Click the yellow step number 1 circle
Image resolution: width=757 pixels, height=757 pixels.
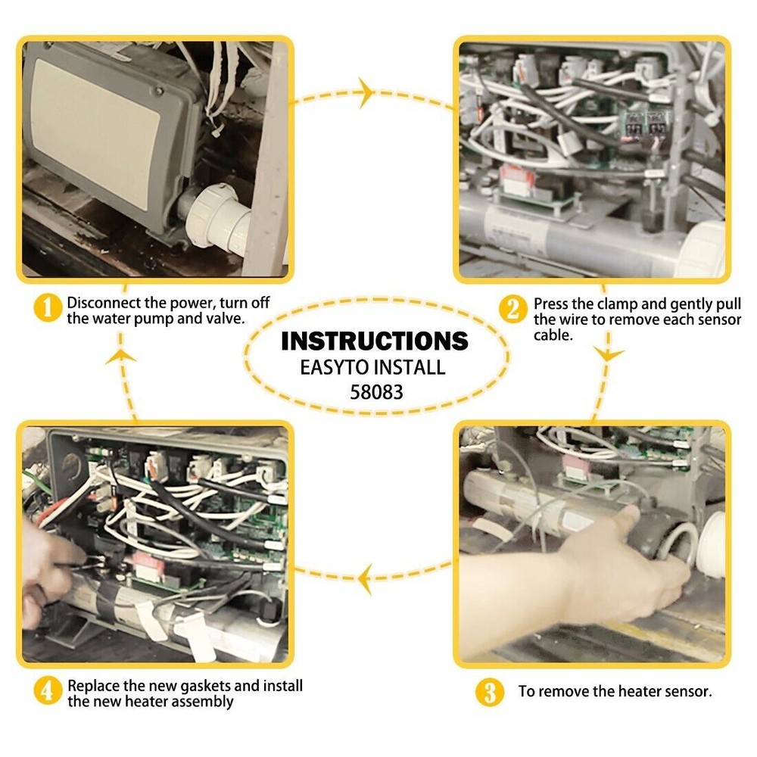click(48, 307)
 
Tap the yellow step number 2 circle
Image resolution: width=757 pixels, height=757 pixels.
click(512, 309)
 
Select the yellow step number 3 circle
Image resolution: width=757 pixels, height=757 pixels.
click(490, 693)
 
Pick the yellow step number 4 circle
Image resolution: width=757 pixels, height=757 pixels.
click(47, 690)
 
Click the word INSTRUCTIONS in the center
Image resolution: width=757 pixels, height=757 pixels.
click(375, 341)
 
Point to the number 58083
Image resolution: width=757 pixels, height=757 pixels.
click(376, 392)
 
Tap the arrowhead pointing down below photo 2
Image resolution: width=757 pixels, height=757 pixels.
click(608, 354)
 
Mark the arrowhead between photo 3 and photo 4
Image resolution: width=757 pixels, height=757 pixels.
click(366, 578)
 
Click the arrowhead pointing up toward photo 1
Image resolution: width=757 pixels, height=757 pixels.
click(120, 357)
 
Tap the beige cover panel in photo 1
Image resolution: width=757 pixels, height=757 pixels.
click(95, 134)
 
